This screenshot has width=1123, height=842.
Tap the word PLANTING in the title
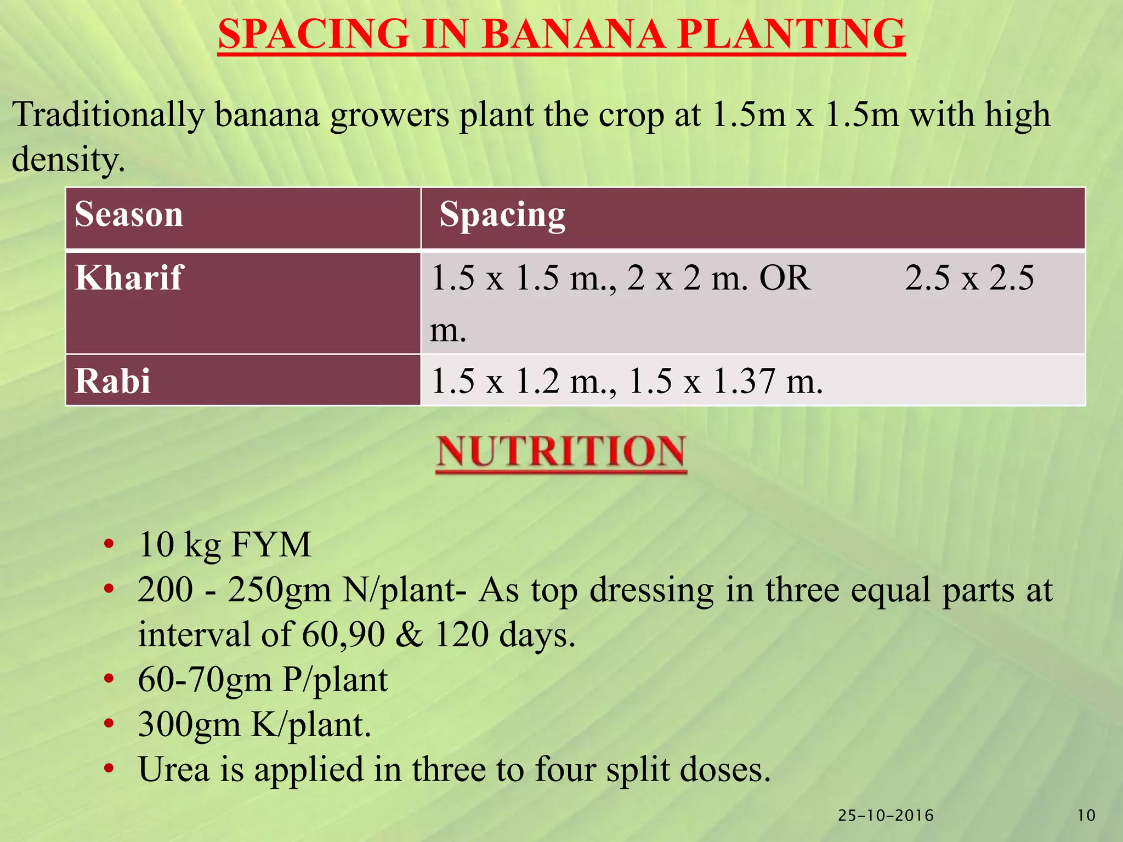pyautogui.click(x=790, y=35)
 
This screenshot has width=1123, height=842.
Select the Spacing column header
pyautogui.click(x=502, y=215)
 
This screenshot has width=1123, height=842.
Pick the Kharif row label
pyautogui.click(x=129, y=277)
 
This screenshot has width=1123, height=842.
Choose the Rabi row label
pyautogui.click(x=112, y=380)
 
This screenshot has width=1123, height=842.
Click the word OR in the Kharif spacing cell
pyautogui.click(x=785, y=278)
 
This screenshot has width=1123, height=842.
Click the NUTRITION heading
pyautogui.click(x=561, y=452)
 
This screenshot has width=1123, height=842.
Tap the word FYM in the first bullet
pyautogui.click(x=271, y=545)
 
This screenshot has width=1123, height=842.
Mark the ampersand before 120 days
pyautogui.click(x=409, y=635)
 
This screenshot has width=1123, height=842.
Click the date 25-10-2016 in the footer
pyautogui.click(x=886, y=816)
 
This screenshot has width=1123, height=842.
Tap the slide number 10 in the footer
pyautogui.click(x=1087, y=816)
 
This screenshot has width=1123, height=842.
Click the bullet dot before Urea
pyautogui.click(x=109, y=769)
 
